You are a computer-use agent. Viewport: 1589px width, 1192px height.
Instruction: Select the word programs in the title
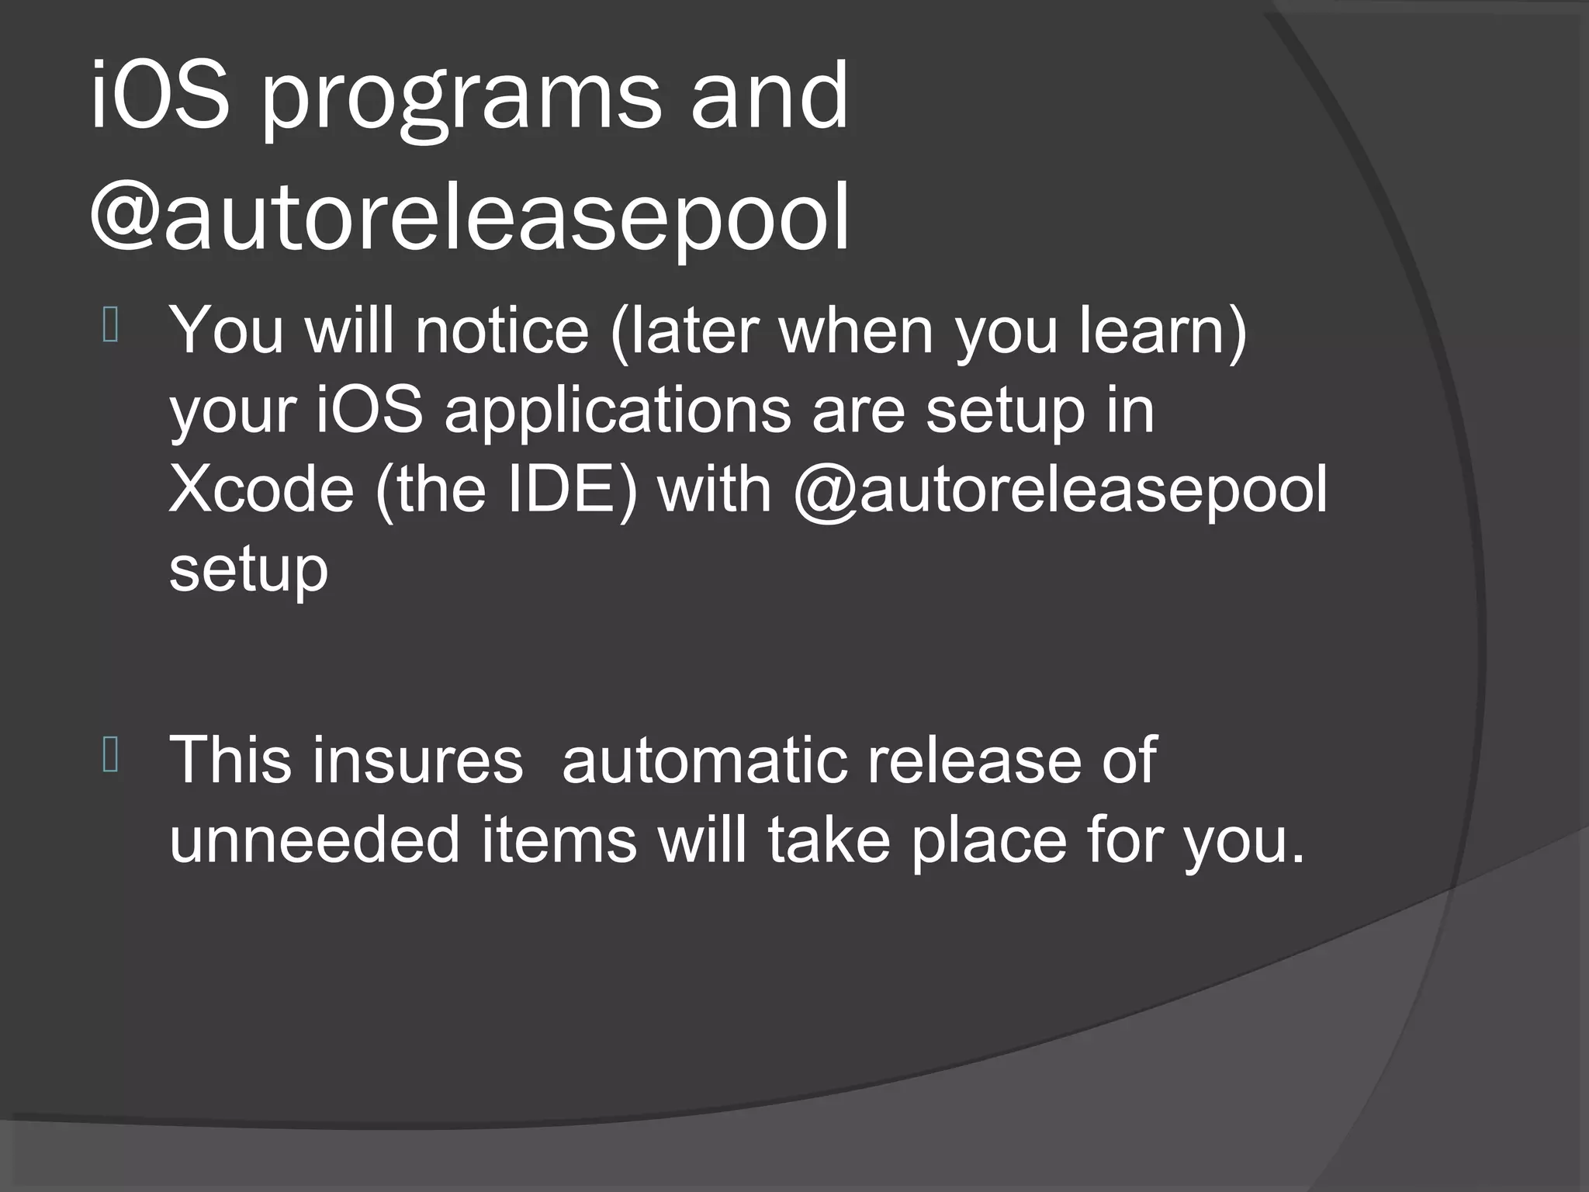click(461, 101)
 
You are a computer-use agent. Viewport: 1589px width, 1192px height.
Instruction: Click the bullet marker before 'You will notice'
click(109, 325)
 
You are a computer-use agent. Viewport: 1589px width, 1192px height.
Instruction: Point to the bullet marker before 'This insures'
click(109, 756)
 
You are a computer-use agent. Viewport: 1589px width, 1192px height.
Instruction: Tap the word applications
click(618, 412)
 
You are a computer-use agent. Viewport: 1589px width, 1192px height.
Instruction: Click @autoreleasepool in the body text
click(1060, 492)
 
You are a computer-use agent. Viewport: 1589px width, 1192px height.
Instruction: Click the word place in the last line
click(988, 842)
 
